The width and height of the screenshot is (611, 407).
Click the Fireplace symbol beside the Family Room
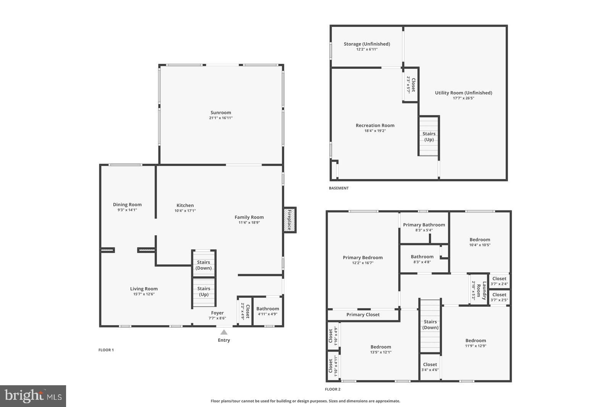coord(289,220)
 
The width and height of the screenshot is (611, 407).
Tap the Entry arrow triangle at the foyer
coord(224,332)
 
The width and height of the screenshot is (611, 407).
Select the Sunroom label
coord(221,113)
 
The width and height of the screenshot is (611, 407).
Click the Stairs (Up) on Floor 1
coord(204,292)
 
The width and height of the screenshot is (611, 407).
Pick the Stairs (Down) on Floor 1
coord(204,265)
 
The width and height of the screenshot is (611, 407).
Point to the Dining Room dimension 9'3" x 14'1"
coord(127,210)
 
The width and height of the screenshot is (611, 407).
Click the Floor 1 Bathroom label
coord(267,309)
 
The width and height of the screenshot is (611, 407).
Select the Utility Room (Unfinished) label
coord(463,93)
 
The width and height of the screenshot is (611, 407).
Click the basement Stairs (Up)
coord(429,136)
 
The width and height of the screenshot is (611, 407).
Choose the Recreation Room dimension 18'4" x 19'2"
coord(375,131)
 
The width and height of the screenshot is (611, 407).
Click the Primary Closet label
coord(363,315)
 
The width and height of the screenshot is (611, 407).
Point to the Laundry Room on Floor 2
coord(479,291)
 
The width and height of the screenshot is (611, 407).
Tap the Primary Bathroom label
coord(424,225)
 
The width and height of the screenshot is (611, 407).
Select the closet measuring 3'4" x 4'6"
coord(430,367)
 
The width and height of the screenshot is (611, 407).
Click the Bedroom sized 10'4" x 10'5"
coord(480,242)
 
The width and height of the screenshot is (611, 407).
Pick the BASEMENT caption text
coord(339,188)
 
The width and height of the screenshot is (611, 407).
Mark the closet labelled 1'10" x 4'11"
coord(333,366)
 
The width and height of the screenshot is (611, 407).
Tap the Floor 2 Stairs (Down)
coord(430,325)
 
